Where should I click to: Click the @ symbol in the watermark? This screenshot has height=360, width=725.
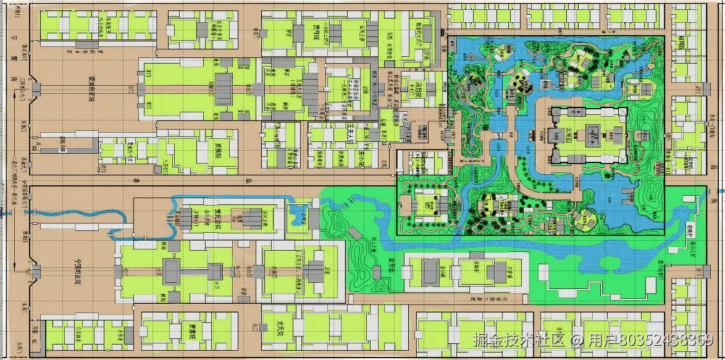577,340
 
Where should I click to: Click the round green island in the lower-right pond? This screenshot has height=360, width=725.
584,217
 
